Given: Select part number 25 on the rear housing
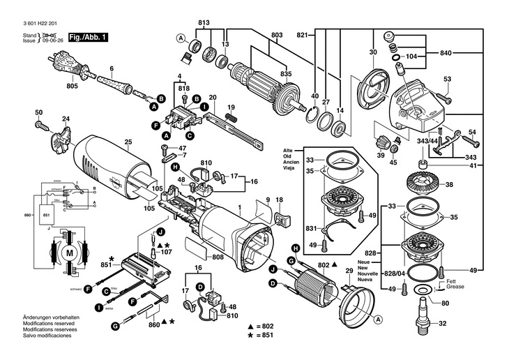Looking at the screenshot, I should [x=128, y=142].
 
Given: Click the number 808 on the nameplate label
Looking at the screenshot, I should [x=218, y=258].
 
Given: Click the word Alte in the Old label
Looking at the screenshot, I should [x=288, y=151].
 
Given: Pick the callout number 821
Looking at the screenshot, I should [x=301, y=35].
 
